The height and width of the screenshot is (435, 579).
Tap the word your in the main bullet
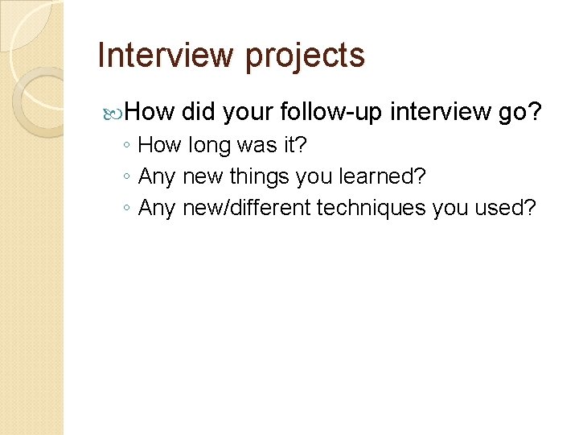coord(247,112)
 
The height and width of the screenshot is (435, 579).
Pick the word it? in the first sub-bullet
coord(293,146)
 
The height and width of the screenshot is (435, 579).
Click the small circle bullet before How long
coord(128,147)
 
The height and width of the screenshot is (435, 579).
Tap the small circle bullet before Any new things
coord(128,177)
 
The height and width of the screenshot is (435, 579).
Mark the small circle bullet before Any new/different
coord(128,208)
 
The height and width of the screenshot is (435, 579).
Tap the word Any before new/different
coord(158,207)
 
